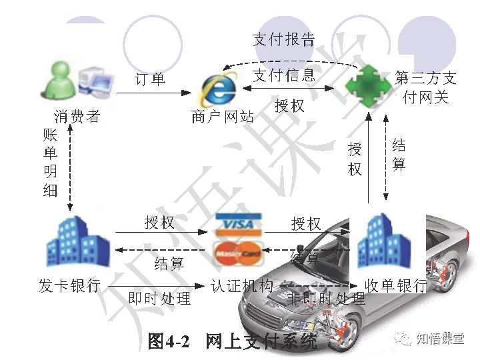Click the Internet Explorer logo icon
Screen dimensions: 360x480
(219, 89)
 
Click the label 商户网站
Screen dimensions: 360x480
(223, 118)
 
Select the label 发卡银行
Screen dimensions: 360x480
(69, 286)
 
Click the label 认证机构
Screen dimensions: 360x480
(242, 287)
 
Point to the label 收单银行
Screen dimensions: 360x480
(395, 286)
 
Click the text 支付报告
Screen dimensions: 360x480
(283, 39)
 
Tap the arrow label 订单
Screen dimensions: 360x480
(150, 79)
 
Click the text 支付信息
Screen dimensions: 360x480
(283, 75)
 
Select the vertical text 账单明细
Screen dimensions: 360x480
(51, 162)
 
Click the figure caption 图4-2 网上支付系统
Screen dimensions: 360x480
(233, 342)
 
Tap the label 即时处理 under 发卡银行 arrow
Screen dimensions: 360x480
(159, 298)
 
